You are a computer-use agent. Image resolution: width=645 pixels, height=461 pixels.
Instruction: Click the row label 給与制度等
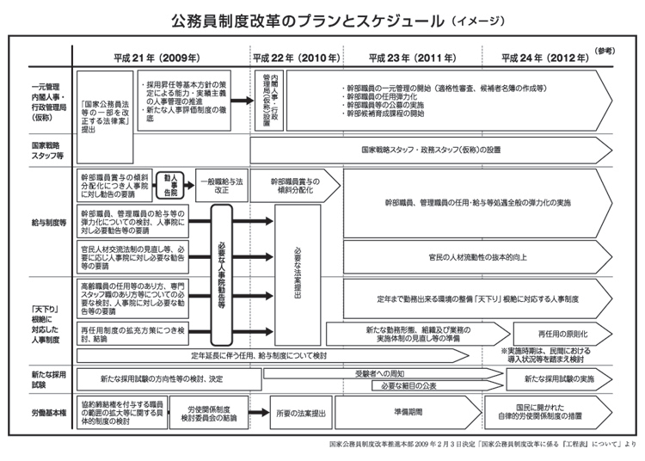click(47, 222)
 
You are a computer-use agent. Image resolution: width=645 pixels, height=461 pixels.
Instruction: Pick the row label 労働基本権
click(47, 413)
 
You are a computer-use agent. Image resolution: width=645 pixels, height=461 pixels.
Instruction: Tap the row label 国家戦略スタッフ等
click(47, 151)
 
